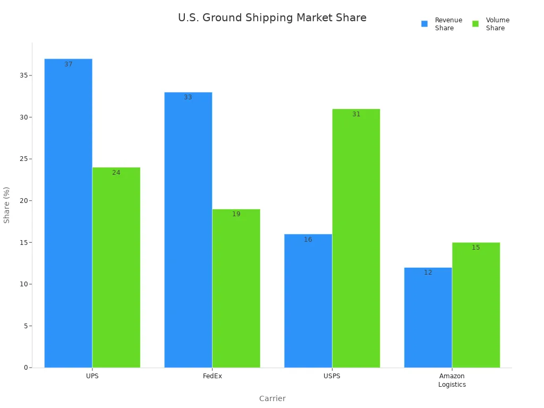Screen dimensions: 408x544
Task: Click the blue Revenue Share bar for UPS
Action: (x=68, y=212)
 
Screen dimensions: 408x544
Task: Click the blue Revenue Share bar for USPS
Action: (x=308, y=301)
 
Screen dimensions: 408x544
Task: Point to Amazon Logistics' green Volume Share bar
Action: (x=475, y=305)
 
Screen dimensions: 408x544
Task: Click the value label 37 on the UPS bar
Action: (x=69, y=64)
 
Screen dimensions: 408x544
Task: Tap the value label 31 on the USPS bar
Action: (x=356, y=114)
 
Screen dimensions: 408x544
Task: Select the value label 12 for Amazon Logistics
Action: (x=428, y=273)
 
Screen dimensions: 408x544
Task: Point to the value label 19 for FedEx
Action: (x=236, y=214)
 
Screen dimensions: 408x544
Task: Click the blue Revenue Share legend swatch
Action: (x=424, y=24)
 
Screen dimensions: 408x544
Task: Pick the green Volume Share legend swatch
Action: (x=475, y=24)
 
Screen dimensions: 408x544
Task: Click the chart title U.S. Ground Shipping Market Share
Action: (x=272, y=18)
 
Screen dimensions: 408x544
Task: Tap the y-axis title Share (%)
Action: (x=7, y=205)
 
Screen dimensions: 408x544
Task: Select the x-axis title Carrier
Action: (x=272, y=398)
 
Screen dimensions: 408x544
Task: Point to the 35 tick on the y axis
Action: (x=23, y=75)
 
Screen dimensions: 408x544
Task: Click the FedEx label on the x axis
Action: (x=212, y=376)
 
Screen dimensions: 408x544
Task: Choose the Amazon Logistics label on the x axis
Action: (x=452, y=380)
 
